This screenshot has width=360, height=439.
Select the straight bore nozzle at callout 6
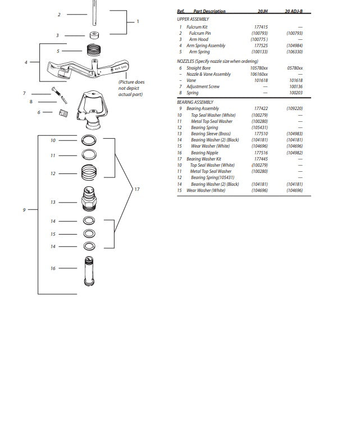(x=62, y=112)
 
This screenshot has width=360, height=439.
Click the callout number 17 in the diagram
(x=137, y=189)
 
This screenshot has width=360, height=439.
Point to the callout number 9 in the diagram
(x=24, y=209)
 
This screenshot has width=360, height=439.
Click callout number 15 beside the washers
(x=53, y=234)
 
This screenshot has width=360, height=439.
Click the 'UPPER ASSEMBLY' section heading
(x=192, y=19)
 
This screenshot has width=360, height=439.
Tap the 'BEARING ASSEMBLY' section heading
(x=195, y=102)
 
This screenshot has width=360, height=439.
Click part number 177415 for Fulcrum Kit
(x=261, y=27)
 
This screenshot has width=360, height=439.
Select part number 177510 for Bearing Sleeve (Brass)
(x=261, y=134)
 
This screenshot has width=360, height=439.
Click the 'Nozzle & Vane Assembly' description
(x=208, y=74)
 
